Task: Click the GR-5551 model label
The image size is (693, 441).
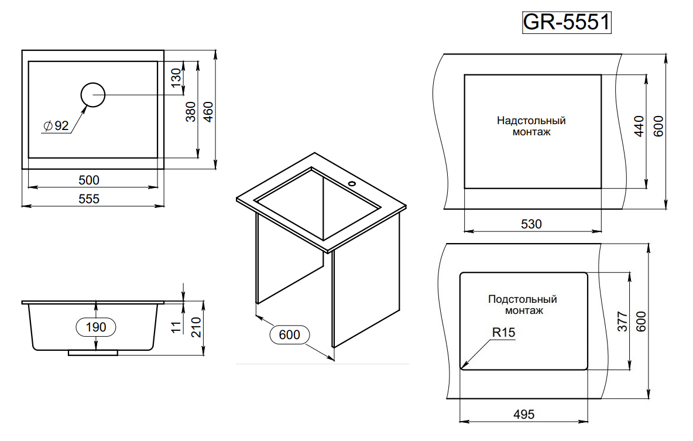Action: point(566,22)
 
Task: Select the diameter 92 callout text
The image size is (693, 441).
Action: point(56,125)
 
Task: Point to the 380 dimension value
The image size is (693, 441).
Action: point(191,112)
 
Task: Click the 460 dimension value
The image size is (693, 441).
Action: point(208,112)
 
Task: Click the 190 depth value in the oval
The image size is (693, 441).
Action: point(96,327)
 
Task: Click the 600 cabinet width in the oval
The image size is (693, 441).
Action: point(289,335)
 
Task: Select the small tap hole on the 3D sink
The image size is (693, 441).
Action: point(352,184)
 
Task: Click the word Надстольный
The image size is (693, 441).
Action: point(531,121)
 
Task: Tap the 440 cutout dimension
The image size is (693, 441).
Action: point(639,127)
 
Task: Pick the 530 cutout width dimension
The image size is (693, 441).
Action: point(531,224)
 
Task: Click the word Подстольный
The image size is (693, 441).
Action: point(523,299)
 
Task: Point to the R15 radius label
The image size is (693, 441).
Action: point(503,333)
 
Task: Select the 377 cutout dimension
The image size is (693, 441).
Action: point(622,322)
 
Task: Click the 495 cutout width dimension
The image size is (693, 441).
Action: point(524,415)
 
